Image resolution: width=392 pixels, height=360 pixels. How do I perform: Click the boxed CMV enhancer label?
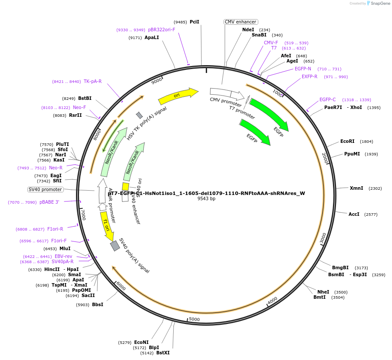[240, 22]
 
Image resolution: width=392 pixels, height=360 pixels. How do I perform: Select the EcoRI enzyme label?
[347, 142]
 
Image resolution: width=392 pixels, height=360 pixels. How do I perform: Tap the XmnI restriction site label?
[357, 188]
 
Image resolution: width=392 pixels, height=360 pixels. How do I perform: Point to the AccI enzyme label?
[354, 214]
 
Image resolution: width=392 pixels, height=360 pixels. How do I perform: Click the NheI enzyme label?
[323, 292]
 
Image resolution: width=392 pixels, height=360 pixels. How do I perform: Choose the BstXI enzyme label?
[163, 353]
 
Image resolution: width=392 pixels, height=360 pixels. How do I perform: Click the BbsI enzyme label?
[97, 304]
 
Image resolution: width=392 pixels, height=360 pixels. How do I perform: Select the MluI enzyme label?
[65, 248]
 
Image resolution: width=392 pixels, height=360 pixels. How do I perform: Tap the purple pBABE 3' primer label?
[49, 202]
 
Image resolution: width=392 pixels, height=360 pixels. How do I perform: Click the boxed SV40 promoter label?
[45, 189]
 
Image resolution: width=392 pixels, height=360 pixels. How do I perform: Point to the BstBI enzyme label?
[85, 99]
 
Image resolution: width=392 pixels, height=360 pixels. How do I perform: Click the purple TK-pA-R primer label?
[92, 81]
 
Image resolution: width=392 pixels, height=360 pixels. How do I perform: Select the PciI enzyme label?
[194, 22]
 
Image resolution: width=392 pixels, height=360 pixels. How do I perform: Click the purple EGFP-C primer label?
[327, 100]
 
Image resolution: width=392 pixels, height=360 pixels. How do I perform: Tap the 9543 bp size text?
[206, 198]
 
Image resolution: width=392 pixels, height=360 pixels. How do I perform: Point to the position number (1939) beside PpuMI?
[371, 154]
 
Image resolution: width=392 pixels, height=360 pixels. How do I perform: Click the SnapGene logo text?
[380, 3]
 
